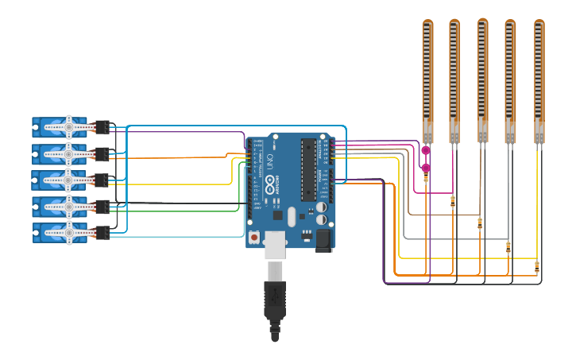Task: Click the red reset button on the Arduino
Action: tap(253, 237)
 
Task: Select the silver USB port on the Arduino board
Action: tap(275, 245)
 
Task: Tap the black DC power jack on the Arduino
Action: tap(323, 240)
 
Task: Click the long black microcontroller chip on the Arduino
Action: tap(308, 169)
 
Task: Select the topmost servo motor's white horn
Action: tap(68, 126)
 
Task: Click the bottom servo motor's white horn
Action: tap(68, 233)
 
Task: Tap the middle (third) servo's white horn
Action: tap(68, 179)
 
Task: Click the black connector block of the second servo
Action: tap(102, 153)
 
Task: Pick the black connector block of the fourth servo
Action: tap(102, 207)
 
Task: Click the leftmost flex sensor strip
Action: tap(427, 79)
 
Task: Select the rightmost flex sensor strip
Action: tap(539, 79)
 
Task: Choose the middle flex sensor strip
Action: tap(482, 79)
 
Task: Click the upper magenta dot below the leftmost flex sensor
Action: tap(426, 150)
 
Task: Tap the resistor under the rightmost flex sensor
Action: tap(537, 266)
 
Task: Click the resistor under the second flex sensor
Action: tap(453, 201)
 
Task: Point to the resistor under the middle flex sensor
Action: tap(480, 223)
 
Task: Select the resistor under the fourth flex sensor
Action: tap(508, 247)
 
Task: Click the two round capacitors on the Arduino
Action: tap(321, 212)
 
